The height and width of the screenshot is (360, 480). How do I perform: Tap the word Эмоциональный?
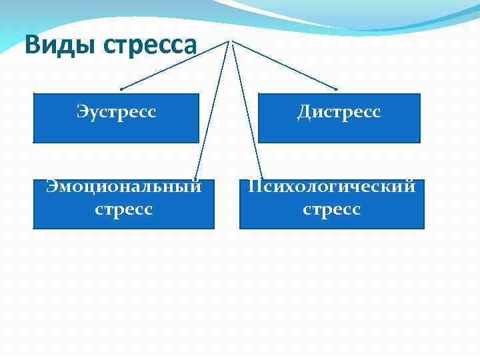pos(123,187)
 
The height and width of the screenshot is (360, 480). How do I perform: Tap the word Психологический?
pos(331,187)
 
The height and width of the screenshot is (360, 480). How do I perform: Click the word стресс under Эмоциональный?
pos(123,209)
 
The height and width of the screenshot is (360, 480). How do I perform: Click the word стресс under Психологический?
pos(331,209)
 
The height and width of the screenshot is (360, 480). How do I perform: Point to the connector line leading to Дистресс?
pos(285,65)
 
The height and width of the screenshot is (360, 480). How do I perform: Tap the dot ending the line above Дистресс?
pos(337,89)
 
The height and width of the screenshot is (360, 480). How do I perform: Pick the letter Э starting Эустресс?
pos(82,111)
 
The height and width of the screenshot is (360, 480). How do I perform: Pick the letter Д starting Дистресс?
pos(304,112)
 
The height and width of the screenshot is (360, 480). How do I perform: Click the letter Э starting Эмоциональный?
pos(51,187)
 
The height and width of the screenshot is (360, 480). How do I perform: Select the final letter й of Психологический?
pos(409,186)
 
